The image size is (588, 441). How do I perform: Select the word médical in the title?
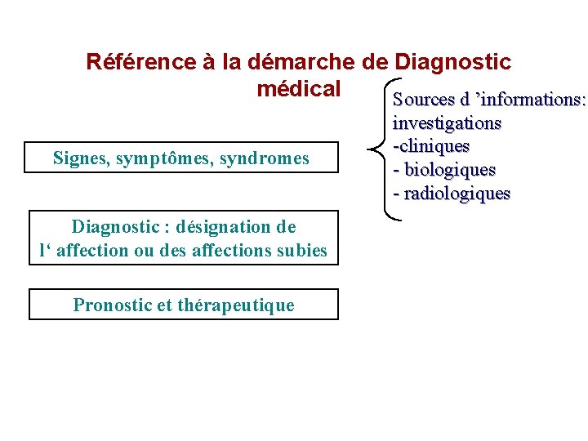(x=298, y=87)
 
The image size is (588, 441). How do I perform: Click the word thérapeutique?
(x=237, y=305)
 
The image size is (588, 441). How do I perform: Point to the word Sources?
(x=423, y=100)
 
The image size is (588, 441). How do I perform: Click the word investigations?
(x=447, y=123)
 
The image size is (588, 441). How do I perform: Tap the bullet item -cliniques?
(x=431, y=146)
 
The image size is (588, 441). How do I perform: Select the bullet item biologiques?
(x=448, y=170)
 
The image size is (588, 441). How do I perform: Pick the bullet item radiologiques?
(x=456, y=194)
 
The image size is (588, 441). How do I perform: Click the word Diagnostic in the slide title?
(x=453, y=61)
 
